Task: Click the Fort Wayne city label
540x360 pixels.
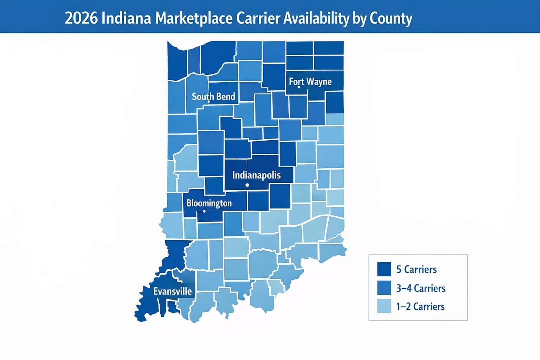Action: tap(310, 82)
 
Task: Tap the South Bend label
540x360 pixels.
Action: tap(213, 96)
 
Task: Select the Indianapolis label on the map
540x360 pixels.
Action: tap(256, 175)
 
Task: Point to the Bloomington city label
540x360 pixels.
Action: tap(209, 203)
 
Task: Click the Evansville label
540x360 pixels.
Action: tap(173, 291)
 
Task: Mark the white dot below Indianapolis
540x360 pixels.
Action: tap(247, 185)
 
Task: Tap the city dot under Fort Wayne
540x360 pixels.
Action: tap(299, 87)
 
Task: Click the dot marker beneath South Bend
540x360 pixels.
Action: tap(208, 102)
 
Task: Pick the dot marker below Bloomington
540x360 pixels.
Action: tap(204, 211)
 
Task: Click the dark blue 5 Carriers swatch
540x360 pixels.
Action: tap(384, 269)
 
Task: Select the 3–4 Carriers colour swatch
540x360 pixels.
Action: tap(384, 288)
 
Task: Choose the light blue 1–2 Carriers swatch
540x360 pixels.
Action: tap(384, 306)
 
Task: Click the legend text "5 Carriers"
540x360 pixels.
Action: tap(416, 270)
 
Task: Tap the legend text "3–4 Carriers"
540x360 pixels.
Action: tap(420, 288)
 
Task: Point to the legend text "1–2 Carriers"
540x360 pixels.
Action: tap(420, 307)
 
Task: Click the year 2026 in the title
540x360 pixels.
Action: tap(81, 19)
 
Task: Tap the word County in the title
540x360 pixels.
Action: tap(391, 19)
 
